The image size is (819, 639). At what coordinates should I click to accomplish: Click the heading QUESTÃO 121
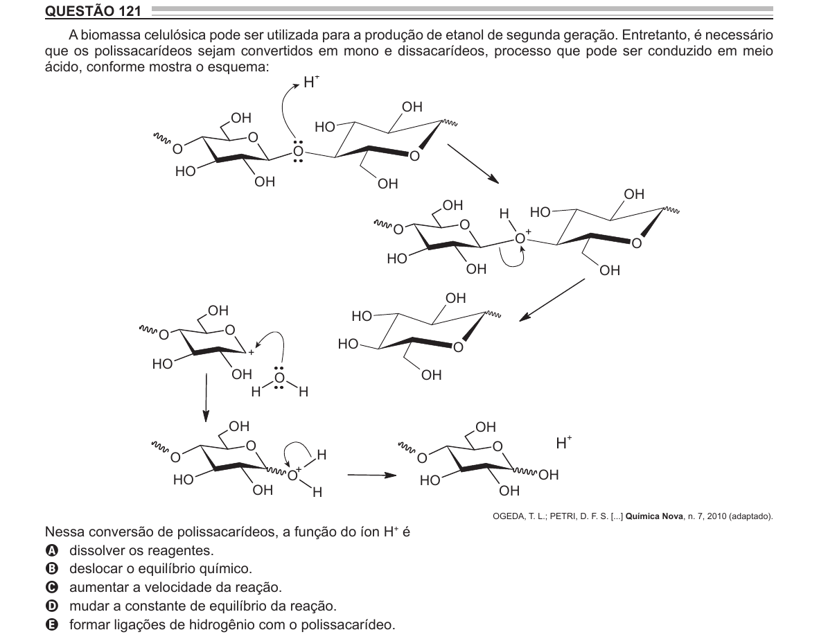(93, 10)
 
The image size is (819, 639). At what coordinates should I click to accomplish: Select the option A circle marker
(52, 550)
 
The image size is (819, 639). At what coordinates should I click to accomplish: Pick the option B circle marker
(52, 568)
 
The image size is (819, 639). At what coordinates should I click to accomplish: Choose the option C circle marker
(52, 587)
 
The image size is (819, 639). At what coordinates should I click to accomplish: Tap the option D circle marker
(52, 606)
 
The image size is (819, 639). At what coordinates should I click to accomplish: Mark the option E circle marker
(52, 624)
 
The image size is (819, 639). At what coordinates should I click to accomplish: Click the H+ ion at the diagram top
(311, 82)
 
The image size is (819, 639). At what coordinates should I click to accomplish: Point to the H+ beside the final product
(563, 443)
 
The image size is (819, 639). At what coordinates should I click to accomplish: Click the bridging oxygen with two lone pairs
(298, 152)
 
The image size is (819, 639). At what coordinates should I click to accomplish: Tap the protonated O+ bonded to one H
(522, 238)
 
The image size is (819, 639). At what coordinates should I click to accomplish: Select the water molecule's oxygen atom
(280, 378)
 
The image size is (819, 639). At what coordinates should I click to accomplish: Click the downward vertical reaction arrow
(206, 397)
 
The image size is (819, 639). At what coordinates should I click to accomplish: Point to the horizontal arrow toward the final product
(372, 475)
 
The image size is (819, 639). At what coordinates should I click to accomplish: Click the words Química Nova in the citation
(654, 516)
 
